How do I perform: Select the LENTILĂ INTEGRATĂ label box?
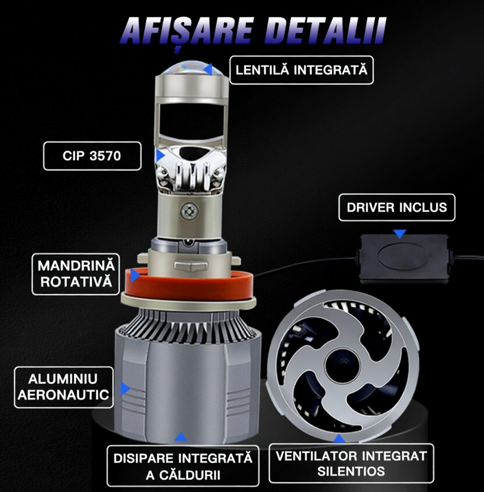(302, 70)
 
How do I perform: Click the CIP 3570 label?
(92, 156)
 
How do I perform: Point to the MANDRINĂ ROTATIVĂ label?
(77, 274)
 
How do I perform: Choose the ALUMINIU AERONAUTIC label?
(63, 387)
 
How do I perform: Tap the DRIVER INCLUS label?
(397, 208)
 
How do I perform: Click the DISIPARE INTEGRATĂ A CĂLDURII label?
(182, 466)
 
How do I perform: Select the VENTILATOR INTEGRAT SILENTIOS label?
(351, 463)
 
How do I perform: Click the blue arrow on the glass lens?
(208, 69)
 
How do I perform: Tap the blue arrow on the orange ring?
(135, 275)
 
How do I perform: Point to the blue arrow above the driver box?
(399, 233)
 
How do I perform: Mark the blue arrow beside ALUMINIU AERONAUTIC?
(125, 388)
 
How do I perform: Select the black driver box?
(403, 258)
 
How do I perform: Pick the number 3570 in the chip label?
(105, 156)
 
